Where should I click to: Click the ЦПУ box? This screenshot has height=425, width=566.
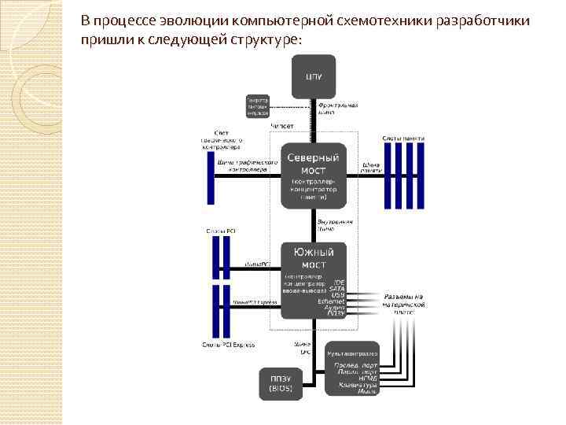[x=313, y=76]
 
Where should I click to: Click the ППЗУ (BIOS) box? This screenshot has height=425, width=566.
[x=281, y=383]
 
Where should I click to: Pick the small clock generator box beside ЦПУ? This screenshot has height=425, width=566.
[x=258, y=105]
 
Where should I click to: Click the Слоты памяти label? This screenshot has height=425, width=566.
[x=404, y=139]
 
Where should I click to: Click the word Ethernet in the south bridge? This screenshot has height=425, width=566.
[x=333, y=301]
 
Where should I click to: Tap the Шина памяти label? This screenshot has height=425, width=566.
[x=372, y=168]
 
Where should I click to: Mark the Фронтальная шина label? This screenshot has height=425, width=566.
[x=339, y=108]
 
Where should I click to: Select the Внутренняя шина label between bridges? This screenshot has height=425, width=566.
[x=334, y=224]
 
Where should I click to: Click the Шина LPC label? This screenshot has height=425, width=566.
[x=302, y=348]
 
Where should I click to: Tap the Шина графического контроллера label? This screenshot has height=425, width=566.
[x=247, y=165]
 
